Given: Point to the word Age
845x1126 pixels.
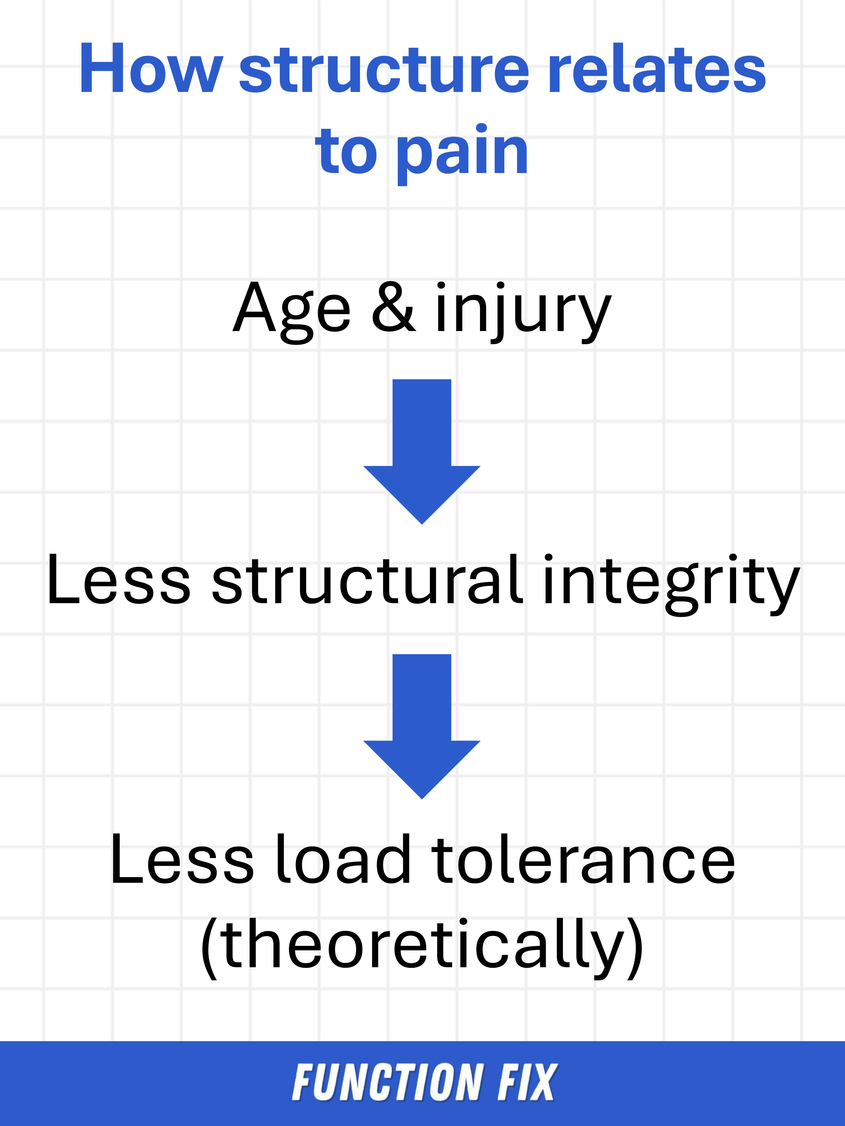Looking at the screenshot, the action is tap(292, 312).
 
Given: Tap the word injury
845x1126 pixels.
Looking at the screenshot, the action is tap(523, 312).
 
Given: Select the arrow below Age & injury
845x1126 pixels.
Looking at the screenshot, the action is tap(422, 452).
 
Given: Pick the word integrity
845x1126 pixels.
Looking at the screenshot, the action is tap(671, 584).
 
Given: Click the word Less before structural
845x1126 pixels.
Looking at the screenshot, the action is tap(119, 580).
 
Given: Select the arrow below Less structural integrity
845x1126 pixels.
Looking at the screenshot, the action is tap(422, 726).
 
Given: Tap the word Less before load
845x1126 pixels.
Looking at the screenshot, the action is tap(182, 859).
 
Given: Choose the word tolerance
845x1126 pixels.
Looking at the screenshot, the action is tap(583, 859).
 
